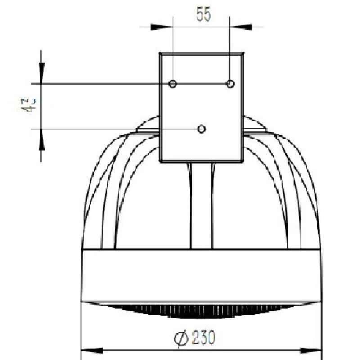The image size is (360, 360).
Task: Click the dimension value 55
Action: [203, 14]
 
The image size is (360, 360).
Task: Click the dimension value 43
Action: [29, 105]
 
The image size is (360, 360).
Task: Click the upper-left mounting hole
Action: [173, 84]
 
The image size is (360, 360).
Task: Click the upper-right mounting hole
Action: [230, 84]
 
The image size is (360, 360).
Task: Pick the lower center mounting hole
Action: [202, 129]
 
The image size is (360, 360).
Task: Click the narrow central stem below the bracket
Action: [202, 205]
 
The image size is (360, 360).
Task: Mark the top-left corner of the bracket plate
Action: [161, 53]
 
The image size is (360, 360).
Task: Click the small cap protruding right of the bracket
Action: [255, 126]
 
